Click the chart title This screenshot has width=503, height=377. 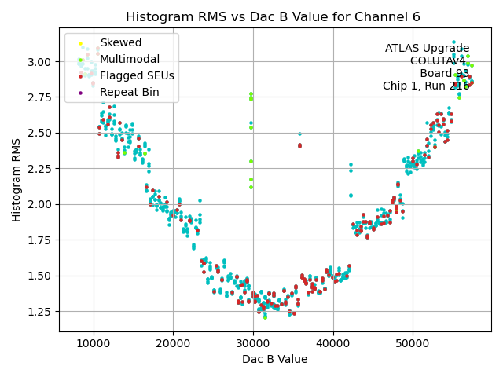click(x=274, y=16)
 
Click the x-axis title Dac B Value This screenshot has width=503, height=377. click(x=274, y=359)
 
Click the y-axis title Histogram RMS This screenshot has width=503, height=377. click(x=17, y=180)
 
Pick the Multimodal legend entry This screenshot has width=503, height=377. click(x=130, y=59)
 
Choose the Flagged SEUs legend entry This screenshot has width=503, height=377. click(x=137, y=75)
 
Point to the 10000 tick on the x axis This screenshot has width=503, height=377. click(x=94, y=342)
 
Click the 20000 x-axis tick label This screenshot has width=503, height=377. click(x=174, y=342)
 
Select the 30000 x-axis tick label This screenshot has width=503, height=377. click(x=253, y=342)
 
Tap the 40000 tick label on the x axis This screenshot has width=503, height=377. click(x=333, y=342)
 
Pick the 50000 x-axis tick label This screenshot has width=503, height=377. click(x=413, y=342)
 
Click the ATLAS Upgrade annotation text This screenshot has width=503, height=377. click(x=427, y=49)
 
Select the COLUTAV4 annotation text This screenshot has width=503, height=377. click(x=439, y=61)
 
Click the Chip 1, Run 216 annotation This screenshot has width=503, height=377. click(x=426, y=86)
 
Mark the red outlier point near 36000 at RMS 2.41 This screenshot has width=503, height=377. click(x=299, y=145)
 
